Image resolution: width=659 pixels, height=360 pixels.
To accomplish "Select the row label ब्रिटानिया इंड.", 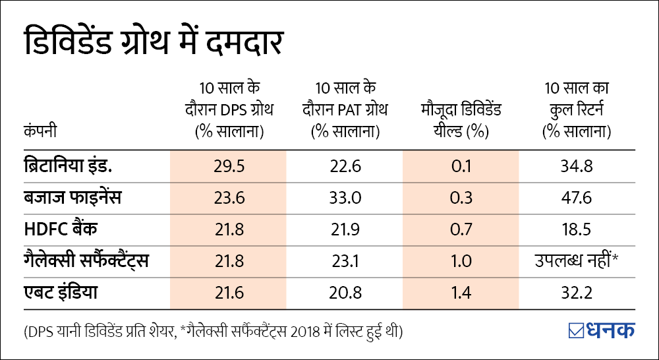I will (65, 165).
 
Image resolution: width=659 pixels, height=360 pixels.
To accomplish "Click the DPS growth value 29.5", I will (229, 165).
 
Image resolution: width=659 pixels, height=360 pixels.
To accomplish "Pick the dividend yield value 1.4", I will (462, 292).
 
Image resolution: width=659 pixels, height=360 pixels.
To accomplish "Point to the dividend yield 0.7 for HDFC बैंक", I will (462, 229).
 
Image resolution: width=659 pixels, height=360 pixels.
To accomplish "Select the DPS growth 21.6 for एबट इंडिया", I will (229, 292).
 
